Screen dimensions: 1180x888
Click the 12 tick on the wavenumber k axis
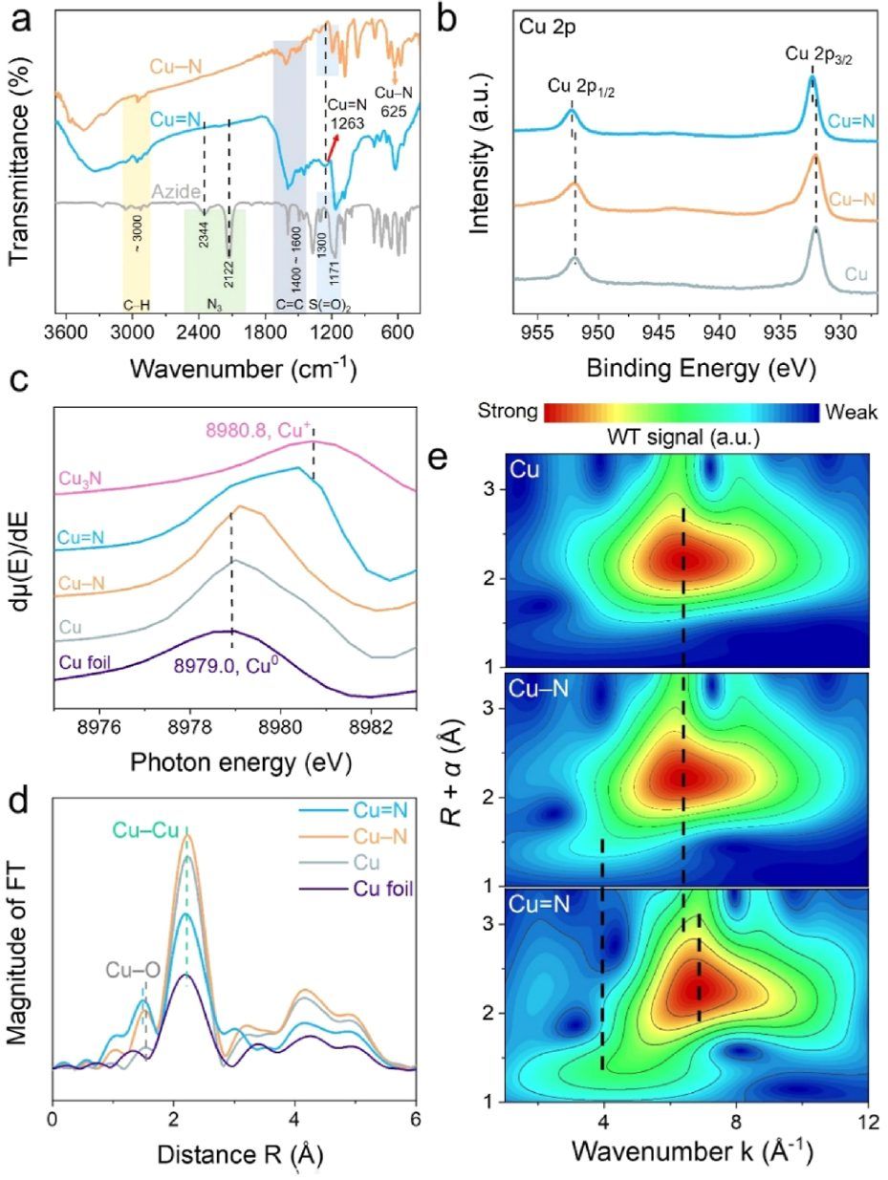867,1121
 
